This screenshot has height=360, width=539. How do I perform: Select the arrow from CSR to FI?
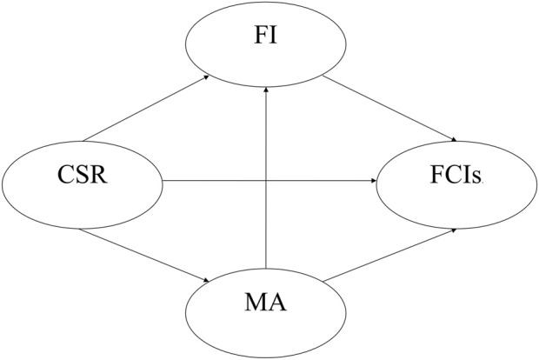click(143, 109)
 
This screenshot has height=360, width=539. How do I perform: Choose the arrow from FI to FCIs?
click(391, 110)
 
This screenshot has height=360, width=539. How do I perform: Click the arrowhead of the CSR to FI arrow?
click(205, 77)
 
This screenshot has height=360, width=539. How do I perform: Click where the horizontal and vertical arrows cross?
click(268, 182)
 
